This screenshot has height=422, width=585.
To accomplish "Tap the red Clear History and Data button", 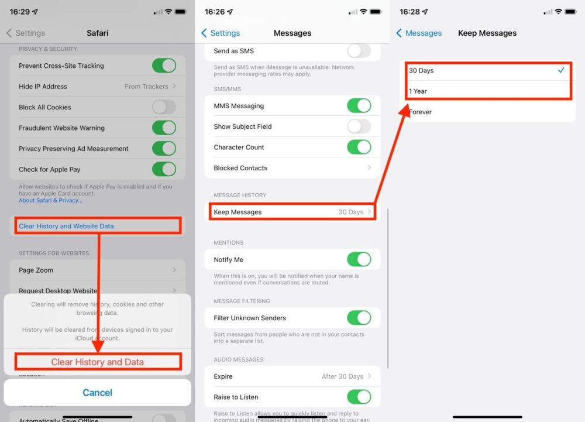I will (x=97, y=362).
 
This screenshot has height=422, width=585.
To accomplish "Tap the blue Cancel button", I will (x=97, y=392).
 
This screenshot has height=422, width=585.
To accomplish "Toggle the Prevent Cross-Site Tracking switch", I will (x=164, y=66).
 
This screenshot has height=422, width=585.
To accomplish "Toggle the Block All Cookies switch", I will (x=164, y=107).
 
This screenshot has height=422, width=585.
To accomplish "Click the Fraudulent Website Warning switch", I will (x=164, y=128).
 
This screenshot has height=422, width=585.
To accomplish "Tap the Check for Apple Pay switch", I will (x=164, y=169).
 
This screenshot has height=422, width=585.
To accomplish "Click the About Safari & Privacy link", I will (x=50, y=200).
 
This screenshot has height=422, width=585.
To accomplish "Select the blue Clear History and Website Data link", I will (x=66, y=226).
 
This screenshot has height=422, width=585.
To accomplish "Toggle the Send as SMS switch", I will (x=359, y=51).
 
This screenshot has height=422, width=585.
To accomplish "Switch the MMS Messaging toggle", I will (x=359, y=106).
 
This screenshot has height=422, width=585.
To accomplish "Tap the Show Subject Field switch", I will (x=359, y=126).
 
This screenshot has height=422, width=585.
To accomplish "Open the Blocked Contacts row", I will (x=292, y=168).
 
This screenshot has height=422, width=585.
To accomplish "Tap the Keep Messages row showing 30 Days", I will (x=292, y=212).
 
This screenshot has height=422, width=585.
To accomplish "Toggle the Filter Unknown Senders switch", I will (x=359, y=318).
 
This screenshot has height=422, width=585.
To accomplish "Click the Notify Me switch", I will (x=359, y=259).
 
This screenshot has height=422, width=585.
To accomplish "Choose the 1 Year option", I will (x=487, y=91).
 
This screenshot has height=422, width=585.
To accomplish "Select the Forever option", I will (x=487, y=112).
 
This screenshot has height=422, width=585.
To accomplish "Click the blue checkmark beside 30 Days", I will (x=561, y=70).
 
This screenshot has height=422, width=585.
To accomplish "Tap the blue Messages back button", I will (x=419, y=33).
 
